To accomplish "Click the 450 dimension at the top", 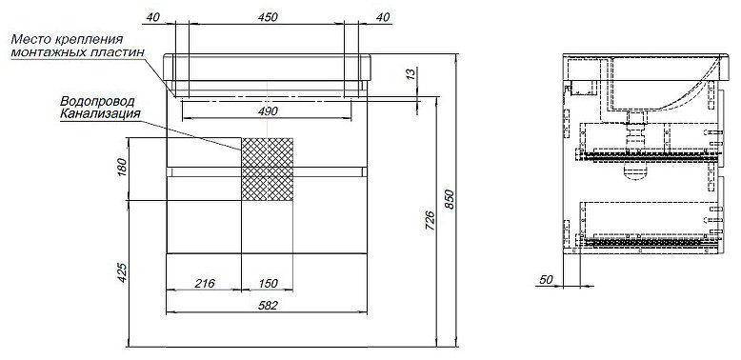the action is [x=267, y=17].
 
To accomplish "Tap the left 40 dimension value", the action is [x=152, y=17].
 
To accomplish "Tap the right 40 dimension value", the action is [x=383, y=17].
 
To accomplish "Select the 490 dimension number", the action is [x=267, y=111].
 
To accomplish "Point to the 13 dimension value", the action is [x=411, y=73].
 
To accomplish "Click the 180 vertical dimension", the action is [x=122, y=167].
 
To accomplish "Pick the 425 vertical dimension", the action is [x=122, y=272].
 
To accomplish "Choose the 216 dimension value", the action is [x=205, y=283].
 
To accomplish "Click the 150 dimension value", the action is [x=267, y=283].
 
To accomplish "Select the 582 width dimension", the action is [x=267, y=306].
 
